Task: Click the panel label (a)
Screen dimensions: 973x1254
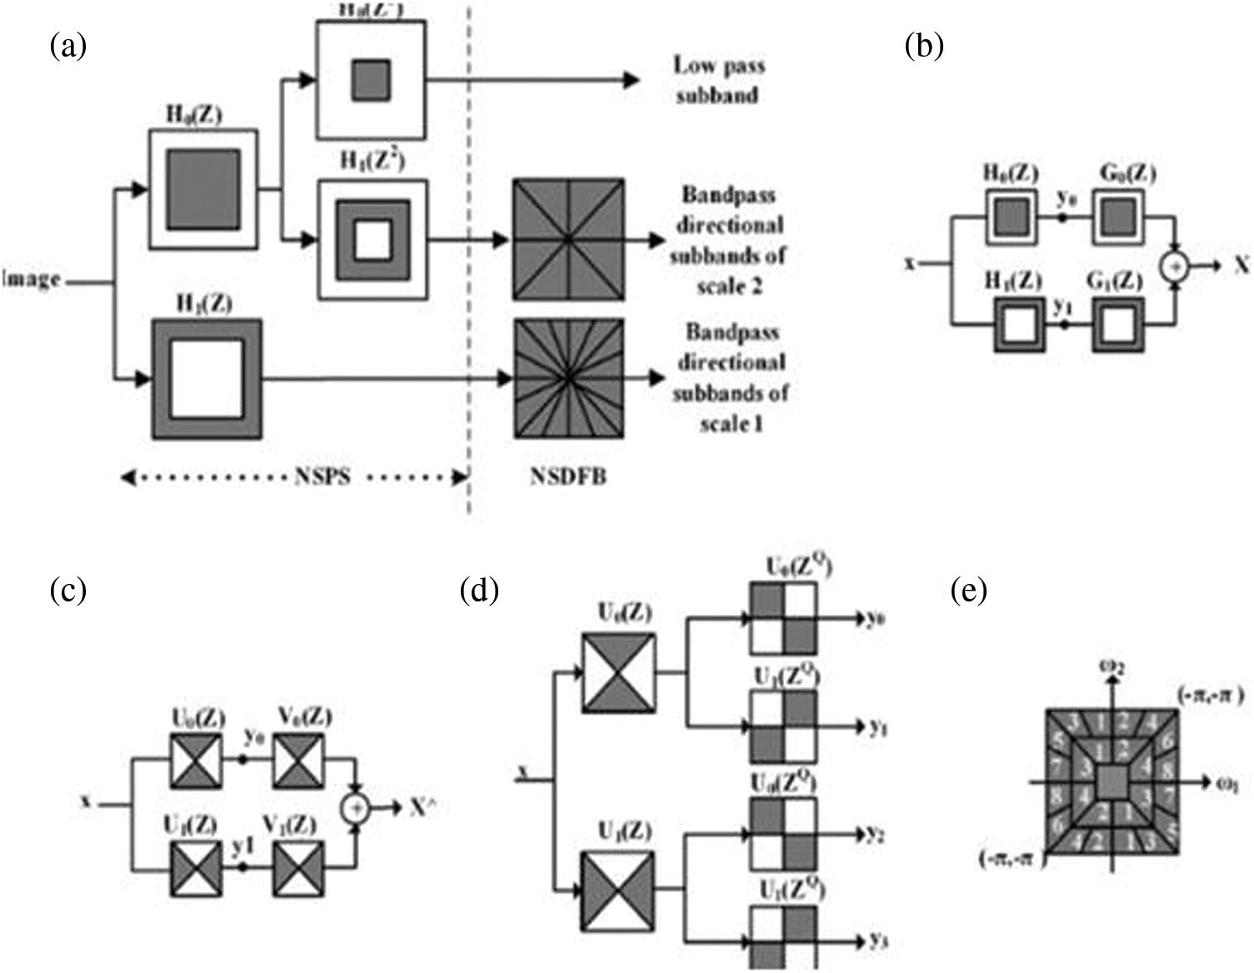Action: [x=68, y=46]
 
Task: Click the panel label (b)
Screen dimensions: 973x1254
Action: [x=924, y=46]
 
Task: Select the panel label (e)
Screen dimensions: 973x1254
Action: [x=968, y=591]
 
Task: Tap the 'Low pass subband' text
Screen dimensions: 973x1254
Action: [x=718, y=80]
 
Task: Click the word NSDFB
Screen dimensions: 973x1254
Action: [x=568, y=477]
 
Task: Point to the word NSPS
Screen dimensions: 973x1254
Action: [x=322, y=477]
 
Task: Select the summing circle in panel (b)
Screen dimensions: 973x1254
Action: [x=1175, y=266]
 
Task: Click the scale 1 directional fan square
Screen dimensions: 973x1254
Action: [x=568, y=378]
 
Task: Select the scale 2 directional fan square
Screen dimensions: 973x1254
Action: [x=568, y=239]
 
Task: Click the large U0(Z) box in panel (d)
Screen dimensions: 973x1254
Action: [x=618, y=672]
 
